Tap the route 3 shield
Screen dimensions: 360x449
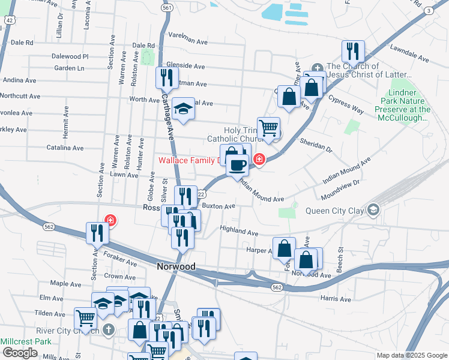[429, 11]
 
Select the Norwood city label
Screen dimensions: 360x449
[176, 266]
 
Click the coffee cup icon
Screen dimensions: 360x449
[238, 164]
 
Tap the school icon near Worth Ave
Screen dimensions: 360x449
[184, 109]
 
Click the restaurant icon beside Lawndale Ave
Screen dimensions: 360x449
[353, 51]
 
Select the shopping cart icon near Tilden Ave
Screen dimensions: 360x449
[85, 318]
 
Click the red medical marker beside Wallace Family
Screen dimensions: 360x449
[259, 160]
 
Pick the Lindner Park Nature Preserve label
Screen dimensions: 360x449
[402, 106]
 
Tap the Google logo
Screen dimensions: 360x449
[20, 353]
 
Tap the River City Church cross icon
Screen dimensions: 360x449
[108, 329]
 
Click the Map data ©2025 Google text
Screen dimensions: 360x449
[411, 355]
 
